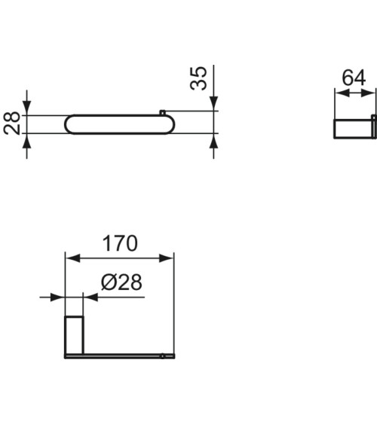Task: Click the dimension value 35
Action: coord(198,79)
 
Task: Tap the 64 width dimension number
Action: coord(354,78)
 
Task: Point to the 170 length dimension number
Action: coord(120,243)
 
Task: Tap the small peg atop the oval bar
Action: coord(162,113)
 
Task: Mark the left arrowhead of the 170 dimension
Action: coord(72,258)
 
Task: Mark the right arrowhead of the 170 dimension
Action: coord(169,258)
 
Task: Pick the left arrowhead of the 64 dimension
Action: coord(339,93)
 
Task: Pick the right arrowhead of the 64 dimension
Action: coord(370,93)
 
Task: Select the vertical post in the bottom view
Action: coord(74,335)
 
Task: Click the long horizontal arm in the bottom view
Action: coord(121,355)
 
